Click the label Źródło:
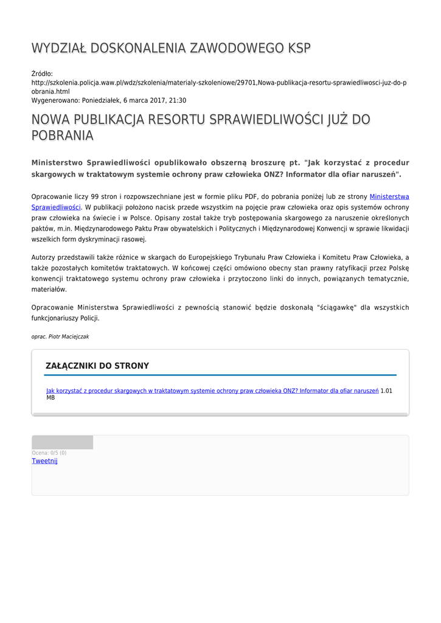(x=42, y=74)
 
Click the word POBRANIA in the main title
(x=62, y=136)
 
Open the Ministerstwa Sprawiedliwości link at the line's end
(x=389, y=197)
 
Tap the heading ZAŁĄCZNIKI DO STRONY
(x=97, y=366)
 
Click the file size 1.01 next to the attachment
(x=386, y=391)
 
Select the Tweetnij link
(x=44, y=461)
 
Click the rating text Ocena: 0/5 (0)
(x=49, y=453)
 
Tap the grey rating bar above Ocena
(x=62, y=442)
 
